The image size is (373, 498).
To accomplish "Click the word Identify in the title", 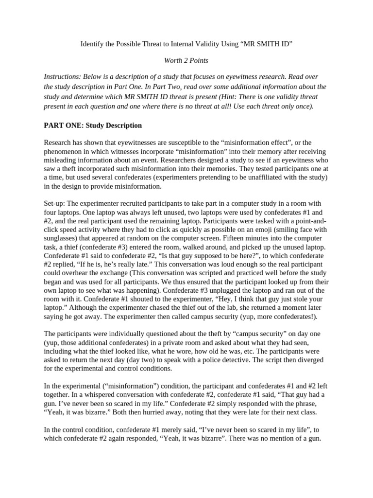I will pos(93,44).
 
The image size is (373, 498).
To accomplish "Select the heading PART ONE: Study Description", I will pos(93,125).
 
